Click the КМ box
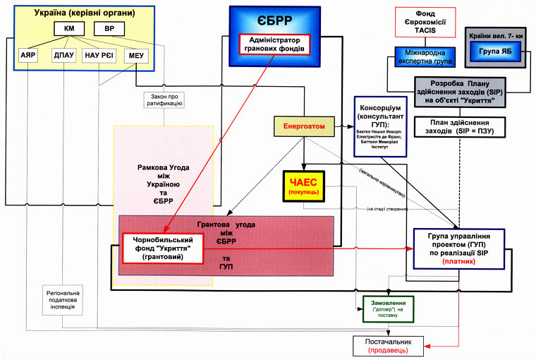(70, 28)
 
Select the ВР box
(109, 28)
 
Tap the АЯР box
(28, 55)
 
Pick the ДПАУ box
(63, 55)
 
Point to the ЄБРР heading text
(275, 20)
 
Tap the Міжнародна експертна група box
(425, 56)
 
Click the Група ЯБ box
(495, 50)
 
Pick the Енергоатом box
(303, 126)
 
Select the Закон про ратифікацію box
(163, 99)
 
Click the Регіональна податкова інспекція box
(62, 301)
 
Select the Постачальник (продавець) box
(389, 345)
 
